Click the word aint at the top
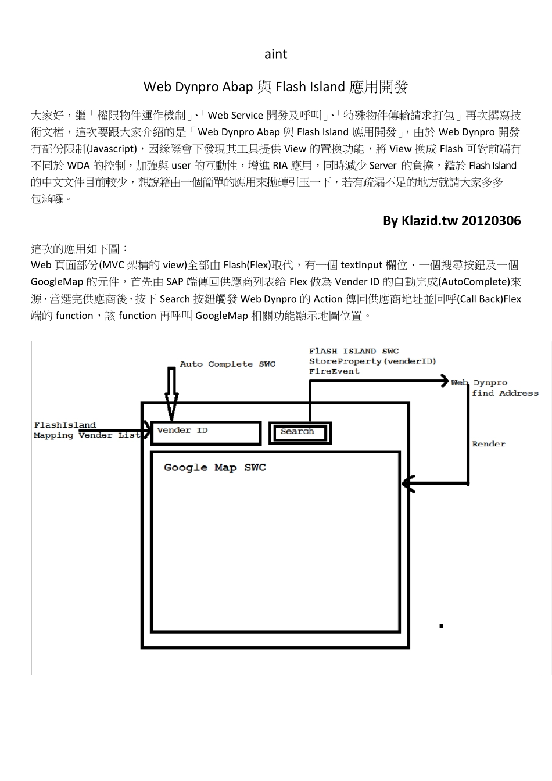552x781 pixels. pyautogui.click(x=275, y=54)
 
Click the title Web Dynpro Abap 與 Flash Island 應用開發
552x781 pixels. pyautogui.click(x=275, y=87)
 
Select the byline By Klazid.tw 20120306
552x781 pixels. pyautogui.click(x=451, y=221)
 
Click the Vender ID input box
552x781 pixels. pyautogui.click(x=206, y=433)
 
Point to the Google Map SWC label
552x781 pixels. pyautogui.click(x=214, y=468)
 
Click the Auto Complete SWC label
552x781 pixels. pyautogui.click(x=227, y=364)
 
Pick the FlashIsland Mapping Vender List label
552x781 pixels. pyautogui.click(x=86, y=431)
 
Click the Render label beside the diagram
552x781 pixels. pyautogui.click(x=488, y=444)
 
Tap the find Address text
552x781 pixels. pyautogui.click(x=505, y=393)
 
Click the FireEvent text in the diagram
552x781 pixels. pyautogui.click(x=334, y=372)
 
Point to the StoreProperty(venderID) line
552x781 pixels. pyautogui.click(x=372, y=361)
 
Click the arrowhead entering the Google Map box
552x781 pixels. pyautogui.click(x=408, y=483)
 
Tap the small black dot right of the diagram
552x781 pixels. pyautogui.click(x=442, y=625)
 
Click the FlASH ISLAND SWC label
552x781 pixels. pyautogui.click(x=354, y=351)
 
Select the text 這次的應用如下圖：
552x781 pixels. pyautogui.click(x=76, y=249)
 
